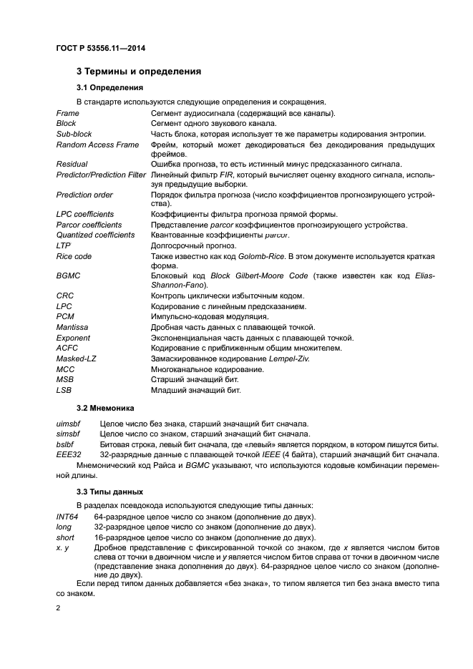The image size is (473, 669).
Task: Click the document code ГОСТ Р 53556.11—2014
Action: (106, 48)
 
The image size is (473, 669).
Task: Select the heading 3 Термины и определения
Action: (139, 72)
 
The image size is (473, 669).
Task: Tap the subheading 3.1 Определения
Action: (109, 87)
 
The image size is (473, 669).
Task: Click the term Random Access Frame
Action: (97, 145)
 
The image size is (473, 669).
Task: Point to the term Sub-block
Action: (74, 134)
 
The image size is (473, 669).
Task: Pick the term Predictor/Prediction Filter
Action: (101, 175)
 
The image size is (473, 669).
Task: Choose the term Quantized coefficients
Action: (95, 235)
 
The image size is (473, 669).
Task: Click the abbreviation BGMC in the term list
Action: (67, 275)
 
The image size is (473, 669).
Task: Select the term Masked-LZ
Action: (74, 358)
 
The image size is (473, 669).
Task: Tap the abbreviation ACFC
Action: (67, 348)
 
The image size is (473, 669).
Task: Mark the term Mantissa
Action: (72, 327)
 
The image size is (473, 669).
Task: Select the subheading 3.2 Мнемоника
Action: (105, 408)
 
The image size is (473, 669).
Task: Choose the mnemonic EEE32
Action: (69, 454)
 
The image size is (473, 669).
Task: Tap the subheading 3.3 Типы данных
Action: (110, 492)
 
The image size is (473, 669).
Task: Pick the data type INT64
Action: (67, 517)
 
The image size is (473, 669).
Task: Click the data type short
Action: (65, 537)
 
